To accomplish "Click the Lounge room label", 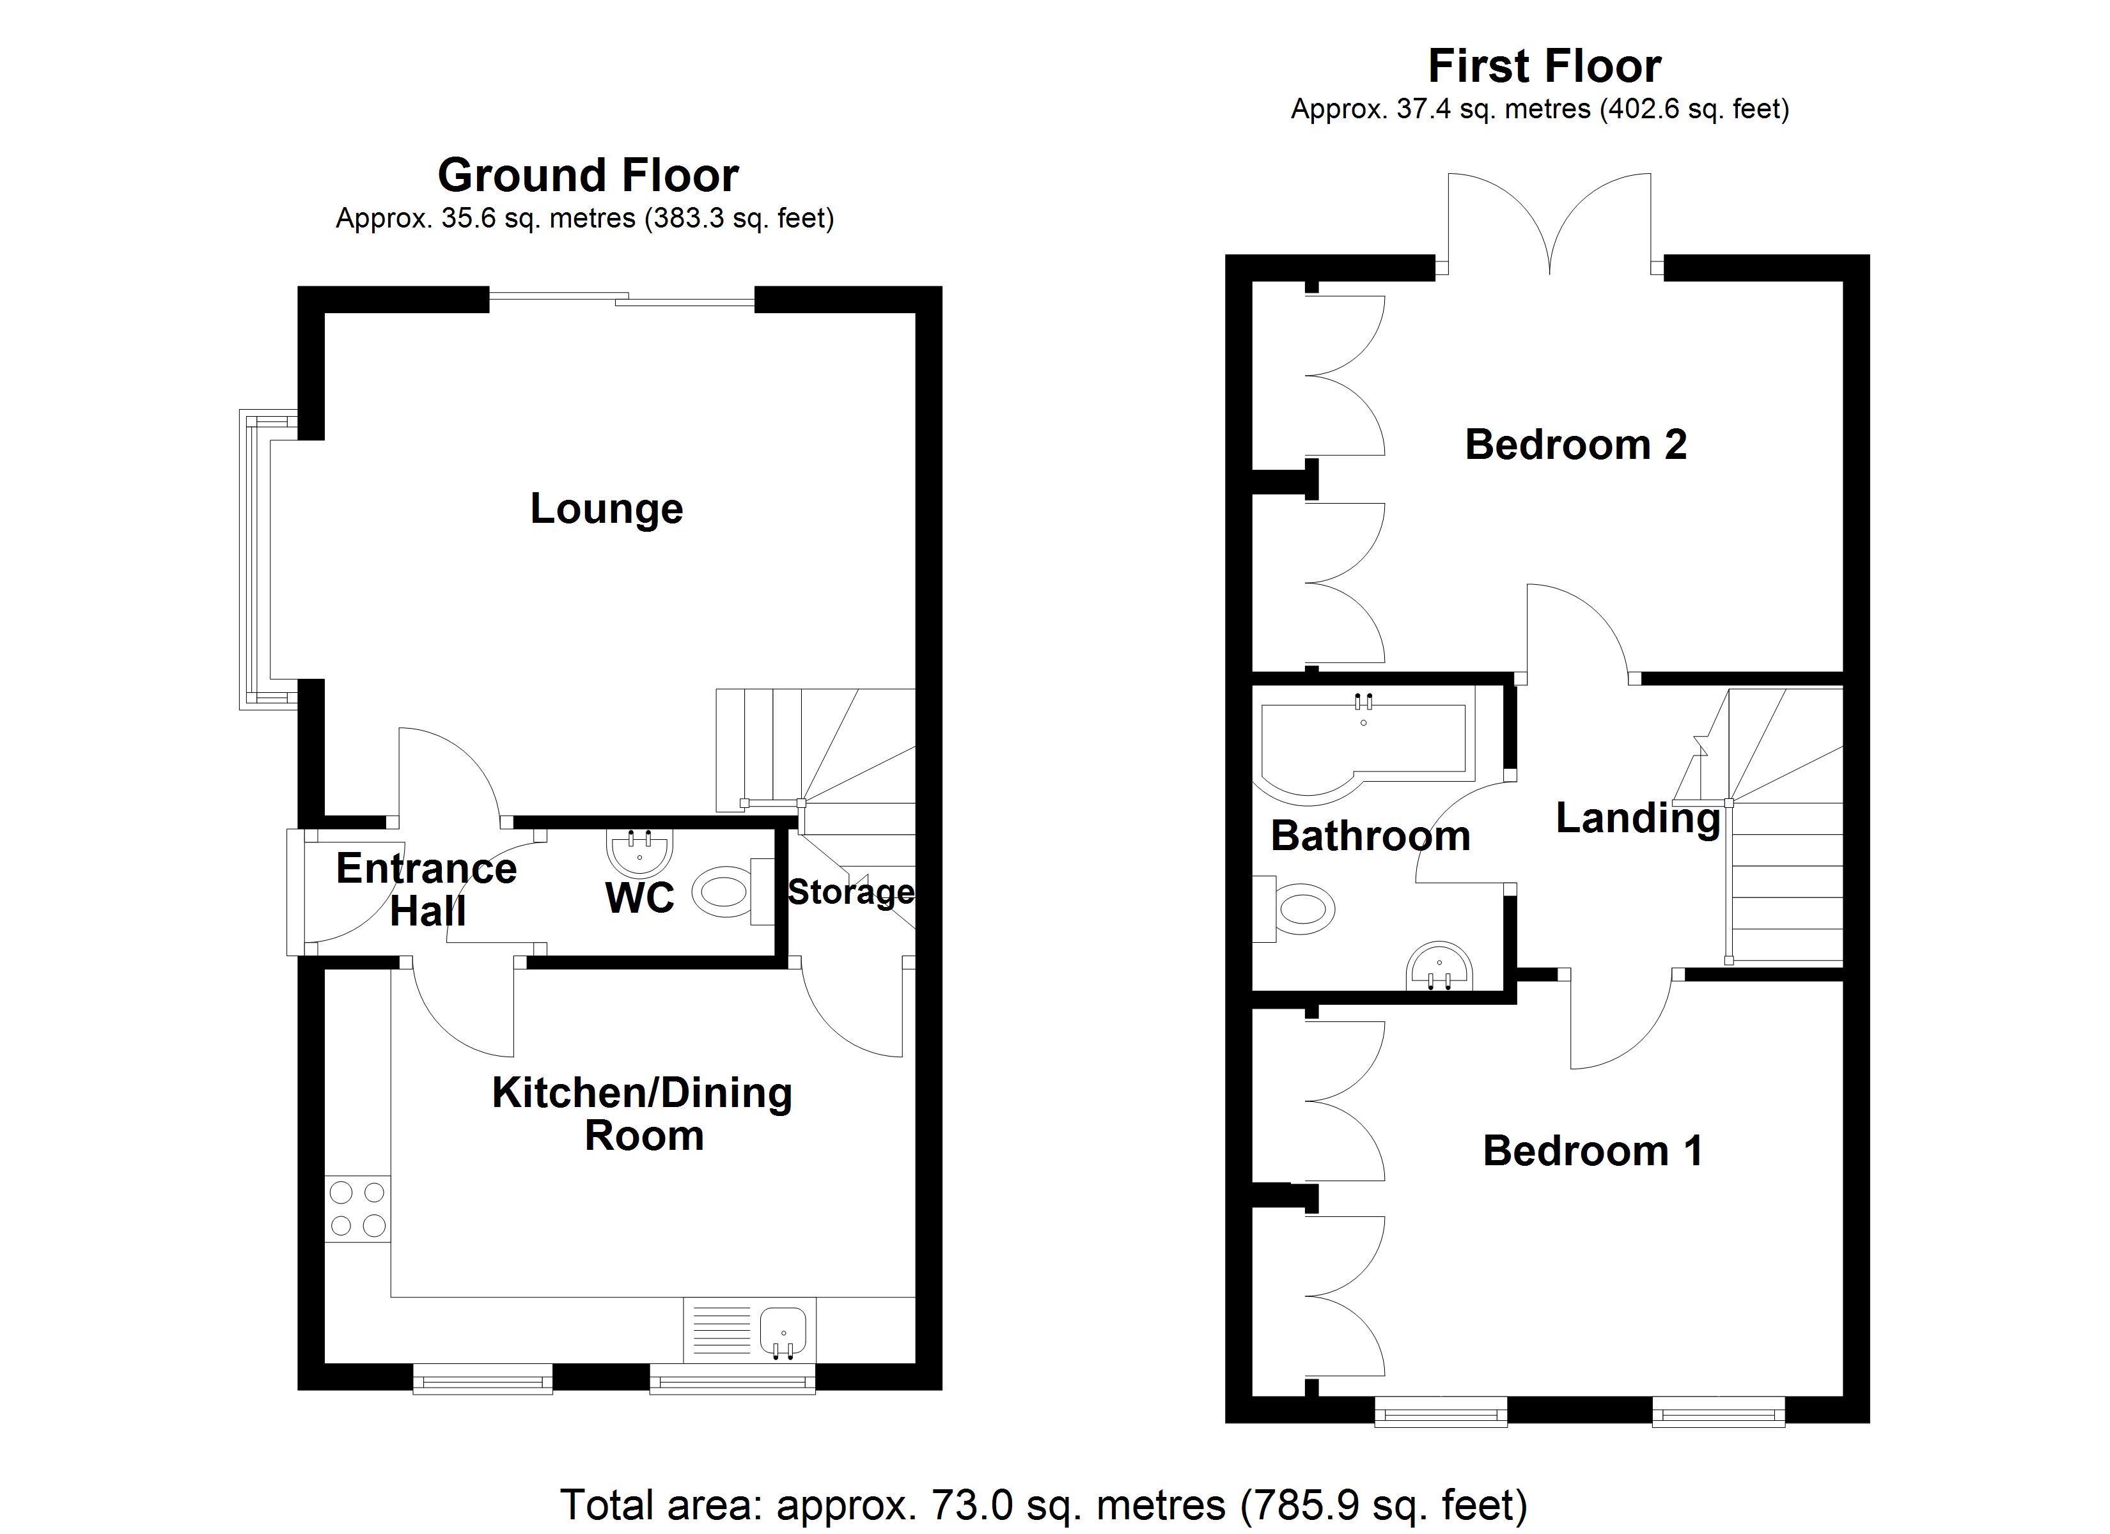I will pos(607,509).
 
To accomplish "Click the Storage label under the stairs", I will pos(850,892).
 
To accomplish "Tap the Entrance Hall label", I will pos(427,889).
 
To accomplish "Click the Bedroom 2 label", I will pos(1576,445).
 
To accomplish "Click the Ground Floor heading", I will pos(588,175).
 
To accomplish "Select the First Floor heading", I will pos(1544,67).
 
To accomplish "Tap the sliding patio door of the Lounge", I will pos(621,298).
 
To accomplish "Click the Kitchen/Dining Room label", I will pos(642,1113).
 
